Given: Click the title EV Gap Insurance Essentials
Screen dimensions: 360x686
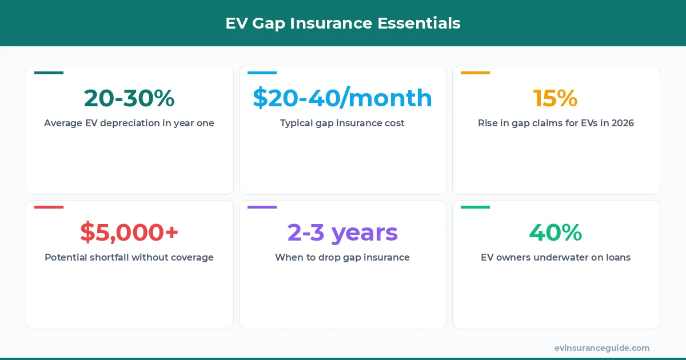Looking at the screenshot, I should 342,23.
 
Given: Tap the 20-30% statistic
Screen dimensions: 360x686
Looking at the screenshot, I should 129,98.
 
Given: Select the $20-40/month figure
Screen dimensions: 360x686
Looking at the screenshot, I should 342,98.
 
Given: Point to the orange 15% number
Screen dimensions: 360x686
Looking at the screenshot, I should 556,98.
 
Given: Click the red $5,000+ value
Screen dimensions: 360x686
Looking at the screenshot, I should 129,233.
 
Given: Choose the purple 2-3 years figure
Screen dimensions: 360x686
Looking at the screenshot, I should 342,233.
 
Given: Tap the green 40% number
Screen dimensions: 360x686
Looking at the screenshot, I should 556,233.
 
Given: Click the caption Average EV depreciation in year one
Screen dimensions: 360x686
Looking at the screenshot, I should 129,123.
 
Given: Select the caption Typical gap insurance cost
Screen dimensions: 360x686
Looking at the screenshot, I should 342,123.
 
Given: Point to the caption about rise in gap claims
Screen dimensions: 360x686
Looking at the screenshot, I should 556,123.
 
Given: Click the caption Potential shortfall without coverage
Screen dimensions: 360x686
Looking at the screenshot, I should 129,257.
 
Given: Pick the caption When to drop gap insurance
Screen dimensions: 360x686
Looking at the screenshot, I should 342,257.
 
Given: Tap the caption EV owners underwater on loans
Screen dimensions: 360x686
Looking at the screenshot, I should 556,257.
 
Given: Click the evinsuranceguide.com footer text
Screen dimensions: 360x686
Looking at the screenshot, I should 602,347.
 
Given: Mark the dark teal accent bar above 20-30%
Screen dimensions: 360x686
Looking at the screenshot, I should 49,73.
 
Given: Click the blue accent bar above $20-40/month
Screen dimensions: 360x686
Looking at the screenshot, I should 262,73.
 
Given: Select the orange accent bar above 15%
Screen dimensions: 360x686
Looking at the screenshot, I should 475,73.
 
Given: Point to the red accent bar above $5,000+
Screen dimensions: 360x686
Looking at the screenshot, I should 49,207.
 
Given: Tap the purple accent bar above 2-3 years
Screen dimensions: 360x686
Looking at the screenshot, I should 262,207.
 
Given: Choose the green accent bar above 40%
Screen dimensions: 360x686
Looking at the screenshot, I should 475,207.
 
